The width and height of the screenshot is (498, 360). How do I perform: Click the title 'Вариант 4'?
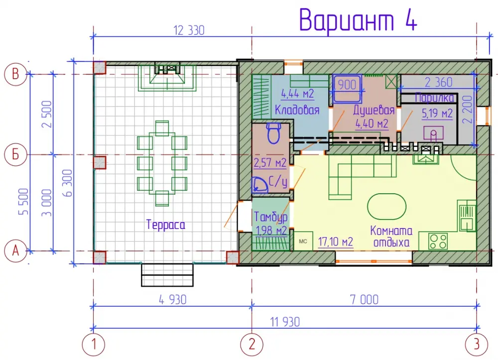[358, 20]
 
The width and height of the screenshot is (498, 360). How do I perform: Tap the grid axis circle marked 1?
[94, 344]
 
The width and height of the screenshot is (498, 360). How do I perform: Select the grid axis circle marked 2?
[252, 344]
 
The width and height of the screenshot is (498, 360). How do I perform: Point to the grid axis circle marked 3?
[477, 344]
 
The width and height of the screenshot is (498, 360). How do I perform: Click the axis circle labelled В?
[15, 74]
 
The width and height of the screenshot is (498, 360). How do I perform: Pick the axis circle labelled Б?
[15, 154]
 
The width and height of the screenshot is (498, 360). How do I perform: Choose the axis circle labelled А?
[15, 251]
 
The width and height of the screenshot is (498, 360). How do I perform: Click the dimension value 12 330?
[189, 30]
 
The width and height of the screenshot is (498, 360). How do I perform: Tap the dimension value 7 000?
[365, 300]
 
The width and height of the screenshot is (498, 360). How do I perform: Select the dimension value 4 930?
[172, 300]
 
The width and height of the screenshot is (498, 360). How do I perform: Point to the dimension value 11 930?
[285, 322]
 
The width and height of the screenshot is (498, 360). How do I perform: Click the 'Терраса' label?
[165, 225]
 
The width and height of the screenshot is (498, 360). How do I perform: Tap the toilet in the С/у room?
[274, 133]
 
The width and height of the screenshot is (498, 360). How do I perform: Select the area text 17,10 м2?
[335, 242]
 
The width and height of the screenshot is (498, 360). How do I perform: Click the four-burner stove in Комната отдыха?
[438, 241]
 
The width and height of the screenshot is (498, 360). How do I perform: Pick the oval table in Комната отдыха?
[386, 207]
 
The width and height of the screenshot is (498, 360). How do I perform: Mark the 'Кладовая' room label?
[297, 110]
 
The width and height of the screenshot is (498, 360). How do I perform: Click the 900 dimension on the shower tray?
[347, 85]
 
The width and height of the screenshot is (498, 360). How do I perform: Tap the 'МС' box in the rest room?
[303, 241]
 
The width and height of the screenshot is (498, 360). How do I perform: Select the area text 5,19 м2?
[437, 114]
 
